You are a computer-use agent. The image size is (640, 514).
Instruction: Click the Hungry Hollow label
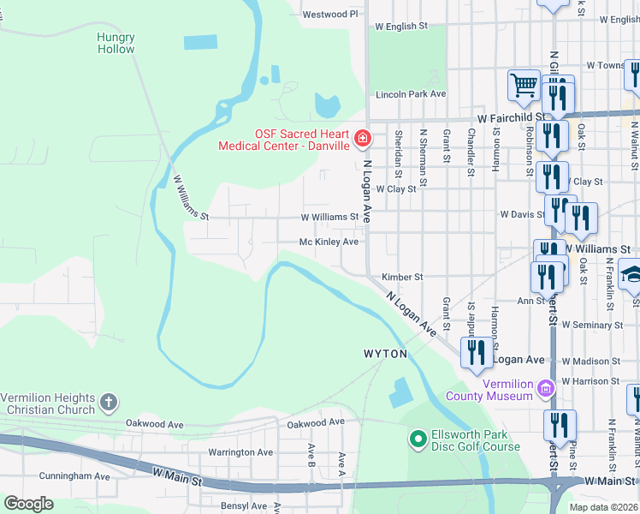click(x=116, y=43)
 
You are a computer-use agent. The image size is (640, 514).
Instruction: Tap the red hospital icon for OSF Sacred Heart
click(x=363, y=138)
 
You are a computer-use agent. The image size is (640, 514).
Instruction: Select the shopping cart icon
click(x=524, y=85)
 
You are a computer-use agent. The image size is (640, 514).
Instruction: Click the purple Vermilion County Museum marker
click(x=544, y=391)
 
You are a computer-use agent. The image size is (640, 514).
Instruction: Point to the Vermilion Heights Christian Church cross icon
click(x=108, y=402)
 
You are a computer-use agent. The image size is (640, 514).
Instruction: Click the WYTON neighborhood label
click(x=385, y=354)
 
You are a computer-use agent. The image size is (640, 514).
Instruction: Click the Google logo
click(x=28, y=504)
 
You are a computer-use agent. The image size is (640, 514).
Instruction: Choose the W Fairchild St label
click(x=511, y=117)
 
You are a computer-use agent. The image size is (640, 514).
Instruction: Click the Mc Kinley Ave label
click(x=329, y=242)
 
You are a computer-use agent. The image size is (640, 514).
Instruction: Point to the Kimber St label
click(x=402, y=278)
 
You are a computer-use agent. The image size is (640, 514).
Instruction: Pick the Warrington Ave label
click(x=240, y=452)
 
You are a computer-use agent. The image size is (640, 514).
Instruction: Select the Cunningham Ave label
click(x=74, y=476)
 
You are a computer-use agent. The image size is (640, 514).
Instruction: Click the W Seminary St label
click(x=591, y=326)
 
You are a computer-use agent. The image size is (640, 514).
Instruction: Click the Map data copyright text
click(x=603, y=507)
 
